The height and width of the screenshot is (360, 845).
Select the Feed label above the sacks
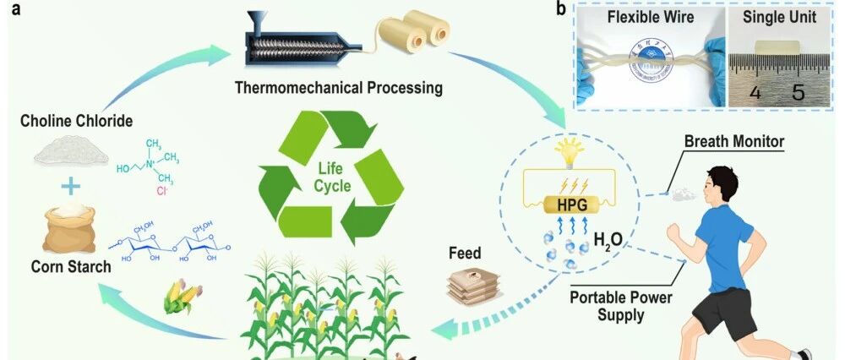pyautogui.click(x=466, y=253)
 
